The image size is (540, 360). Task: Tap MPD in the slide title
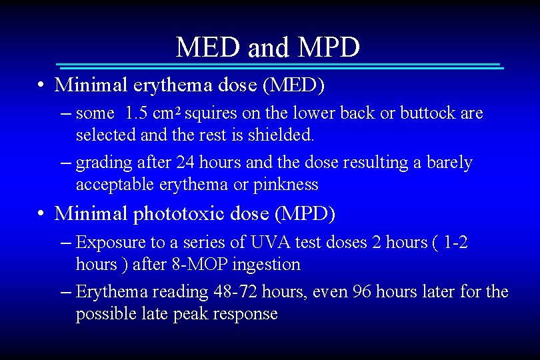[329, 47]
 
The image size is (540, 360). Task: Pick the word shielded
[281, 135]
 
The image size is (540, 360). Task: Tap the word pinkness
[286, 185]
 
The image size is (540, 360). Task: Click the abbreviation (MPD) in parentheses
[305, 214]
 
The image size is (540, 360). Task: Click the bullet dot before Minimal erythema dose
[41, 85]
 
